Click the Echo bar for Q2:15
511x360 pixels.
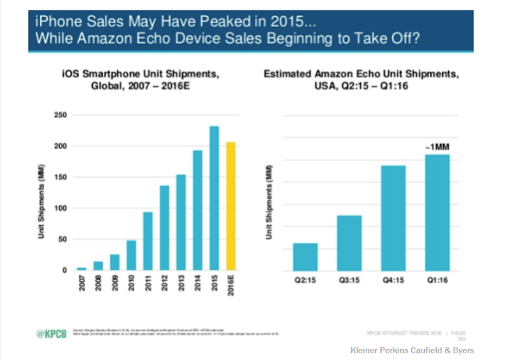[305, 256]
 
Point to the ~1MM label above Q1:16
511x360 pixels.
[438, 146]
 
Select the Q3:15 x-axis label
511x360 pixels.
[349, 282]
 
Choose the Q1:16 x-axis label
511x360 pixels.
[437, 282]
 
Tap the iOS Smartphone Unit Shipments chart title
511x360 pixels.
[145, 81]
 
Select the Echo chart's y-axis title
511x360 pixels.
[271, 203]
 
